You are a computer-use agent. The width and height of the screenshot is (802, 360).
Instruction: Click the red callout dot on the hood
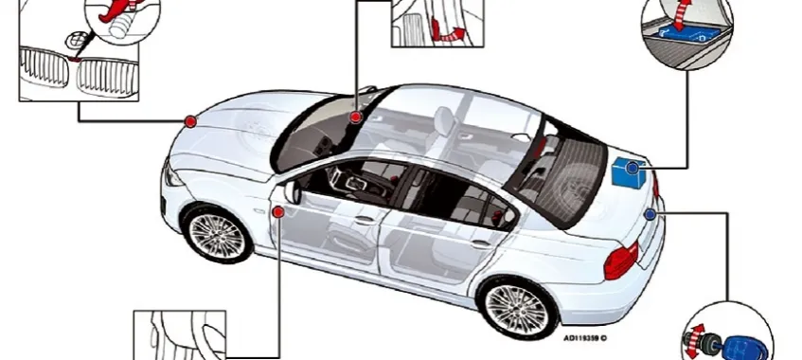point(190,121)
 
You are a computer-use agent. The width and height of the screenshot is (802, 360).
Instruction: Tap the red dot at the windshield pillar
point(355,117)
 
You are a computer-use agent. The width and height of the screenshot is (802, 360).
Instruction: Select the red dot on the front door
point(278,212)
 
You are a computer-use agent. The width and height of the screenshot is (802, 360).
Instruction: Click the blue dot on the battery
point(633,167)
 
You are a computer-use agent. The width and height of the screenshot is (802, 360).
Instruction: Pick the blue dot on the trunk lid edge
point(650,215)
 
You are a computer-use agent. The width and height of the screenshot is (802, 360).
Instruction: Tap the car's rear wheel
point(517,309)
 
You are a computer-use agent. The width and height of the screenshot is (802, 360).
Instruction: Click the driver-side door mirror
point(292,190)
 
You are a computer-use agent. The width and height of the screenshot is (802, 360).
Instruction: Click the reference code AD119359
point(583,337)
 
